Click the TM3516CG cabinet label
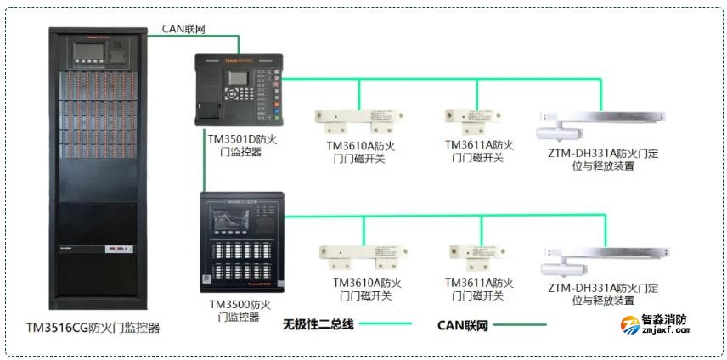93,327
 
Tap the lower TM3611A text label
479,290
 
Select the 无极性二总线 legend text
318,323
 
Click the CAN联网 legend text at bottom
463,324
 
